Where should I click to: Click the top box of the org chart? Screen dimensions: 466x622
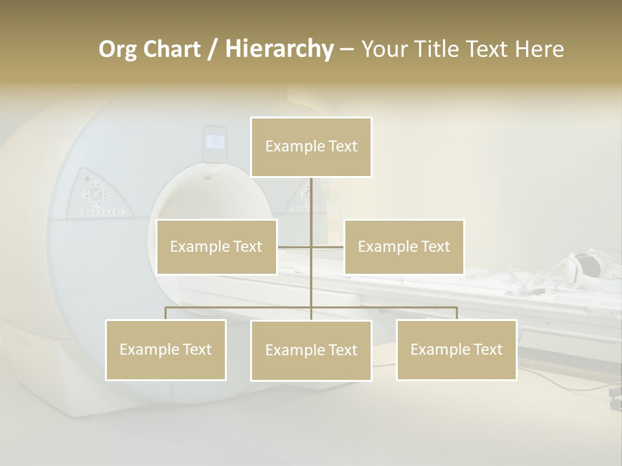[x=311, y=147]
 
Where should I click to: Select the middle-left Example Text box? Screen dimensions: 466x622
[x=216, y=247]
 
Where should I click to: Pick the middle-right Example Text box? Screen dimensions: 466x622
[x=404, y=247]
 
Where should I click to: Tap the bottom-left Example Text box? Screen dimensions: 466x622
[x=166, y=349]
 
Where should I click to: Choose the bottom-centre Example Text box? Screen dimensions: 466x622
[x=311, y=350]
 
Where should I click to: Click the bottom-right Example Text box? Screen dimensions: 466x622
[x=456, y=349]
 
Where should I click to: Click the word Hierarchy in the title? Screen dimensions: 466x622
[x=279, y=49]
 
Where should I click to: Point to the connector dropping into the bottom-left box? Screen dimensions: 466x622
[x=166, y=313]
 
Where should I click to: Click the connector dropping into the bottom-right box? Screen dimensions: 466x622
[x=456, y=313]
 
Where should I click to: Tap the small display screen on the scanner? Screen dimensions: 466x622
[x=214, y=141]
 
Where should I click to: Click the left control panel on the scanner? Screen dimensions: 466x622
[x=97, y=194]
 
